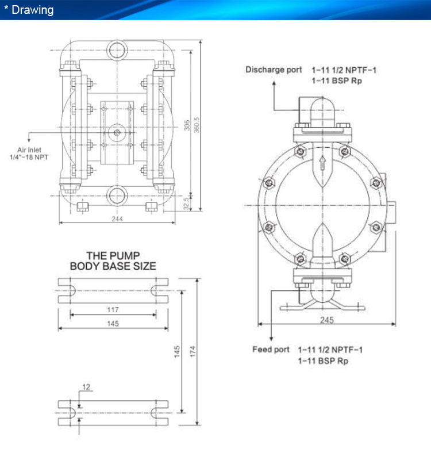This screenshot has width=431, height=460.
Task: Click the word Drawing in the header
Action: pos(33,10)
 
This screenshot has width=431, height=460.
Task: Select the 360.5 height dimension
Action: pos(197,125)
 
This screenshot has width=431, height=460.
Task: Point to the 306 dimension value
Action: pos(187,125)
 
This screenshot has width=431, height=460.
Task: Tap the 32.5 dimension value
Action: pos(186,204)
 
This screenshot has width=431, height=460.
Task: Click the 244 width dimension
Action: pos(117,218)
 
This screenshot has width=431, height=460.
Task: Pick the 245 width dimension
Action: pos(327,320)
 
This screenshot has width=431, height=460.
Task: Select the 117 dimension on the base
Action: pos(113,309)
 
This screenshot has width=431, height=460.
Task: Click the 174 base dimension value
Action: pos(193,351)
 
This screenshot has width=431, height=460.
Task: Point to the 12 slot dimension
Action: pos(86,387)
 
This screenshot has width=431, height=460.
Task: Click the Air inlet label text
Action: pos(29,150)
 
